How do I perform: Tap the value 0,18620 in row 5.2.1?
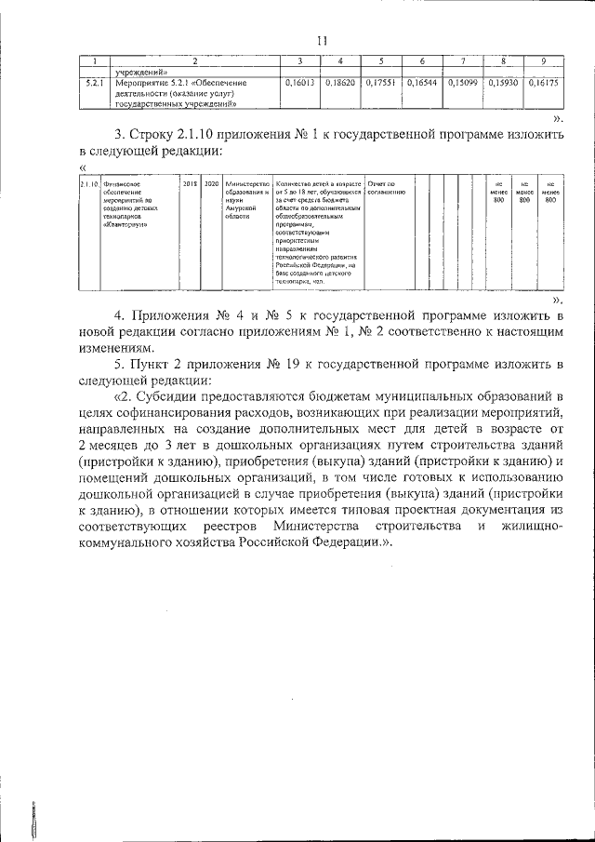point(340,83)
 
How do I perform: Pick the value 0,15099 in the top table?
point(462,83)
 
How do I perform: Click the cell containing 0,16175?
point(542,83)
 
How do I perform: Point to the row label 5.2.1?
point(92,83)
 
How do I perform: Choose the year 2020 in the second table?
point(211,184)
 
